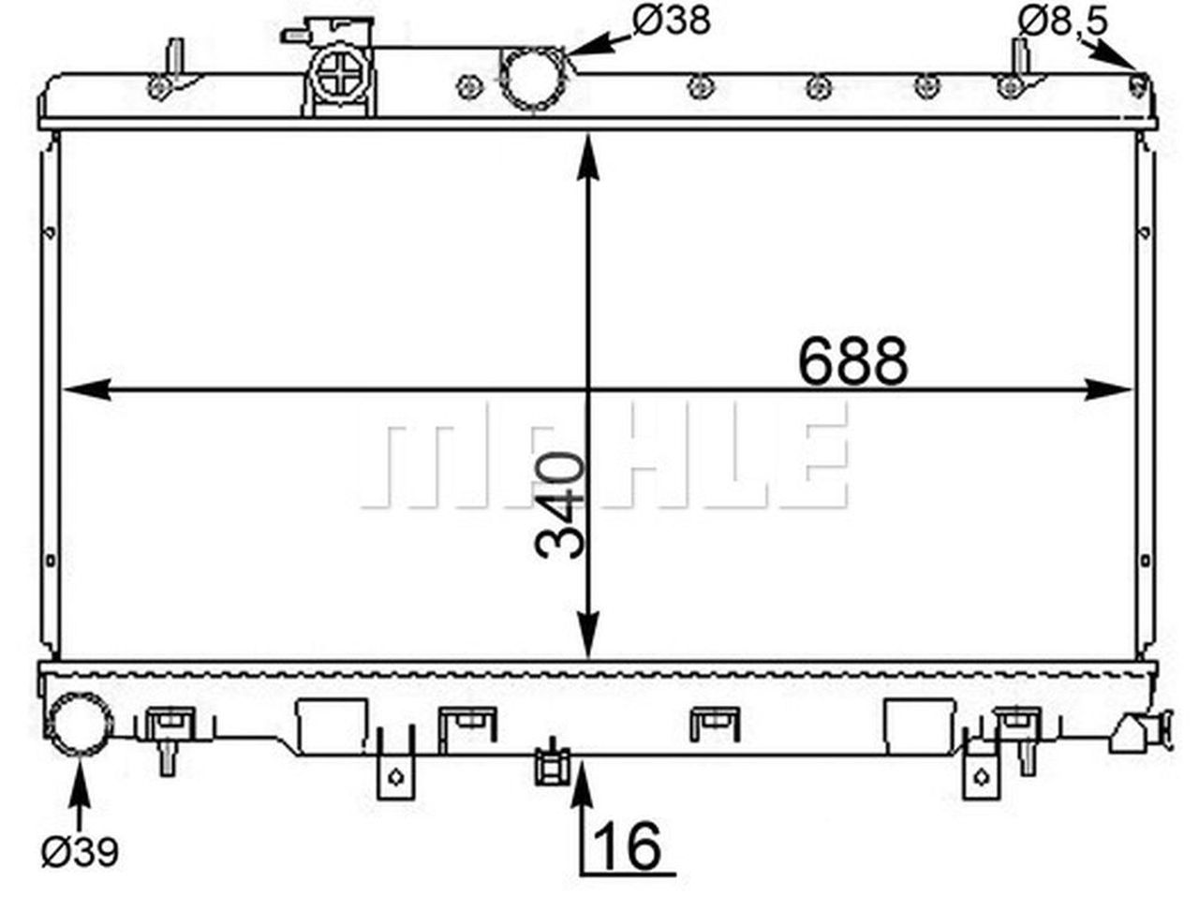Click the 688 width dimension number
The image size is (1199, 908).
[852, 361]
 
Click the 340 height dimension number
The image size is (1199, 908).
[559, 505]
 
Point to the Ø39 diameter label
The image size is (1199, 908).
[80, 852]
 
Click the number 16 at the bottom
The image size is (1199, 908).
[627, 846]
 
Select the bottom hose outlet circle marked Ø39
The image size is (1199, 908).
[81, 724]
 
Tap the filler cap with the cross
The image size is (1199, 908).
[339, 77]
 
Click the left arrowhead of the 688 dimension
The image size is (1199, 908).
[87, 389]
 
